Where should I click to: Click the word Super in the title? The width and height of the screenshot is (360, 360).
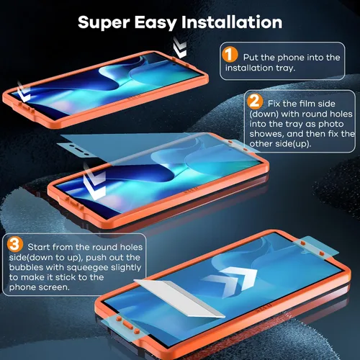coord(104,23)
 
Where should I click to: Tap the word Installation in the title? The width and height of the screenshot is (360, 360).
coord(232,22)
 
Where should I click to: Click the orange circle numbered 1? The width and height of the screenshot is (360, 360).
coord(230,55)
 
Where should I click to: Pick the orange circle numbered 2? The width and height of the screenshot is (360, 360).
coord(255,101)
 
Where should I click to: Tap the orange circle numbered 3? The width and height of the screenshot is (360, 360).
coord(15,244)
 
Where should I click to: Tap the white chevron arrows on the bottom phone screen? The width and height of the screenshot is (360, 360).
coord(232,279)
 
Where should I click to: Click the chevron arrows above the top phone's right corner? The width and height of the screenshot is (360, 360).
coord(180,47)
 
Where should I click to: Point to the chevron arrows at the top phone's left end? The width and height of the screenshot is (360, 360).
coord(24,92)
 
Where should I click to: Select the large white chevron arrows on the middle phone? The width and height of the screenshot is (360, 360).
coord(95,181)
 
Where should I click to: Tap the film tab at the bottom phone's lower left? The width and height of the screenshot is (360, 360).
coord(125,326)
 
